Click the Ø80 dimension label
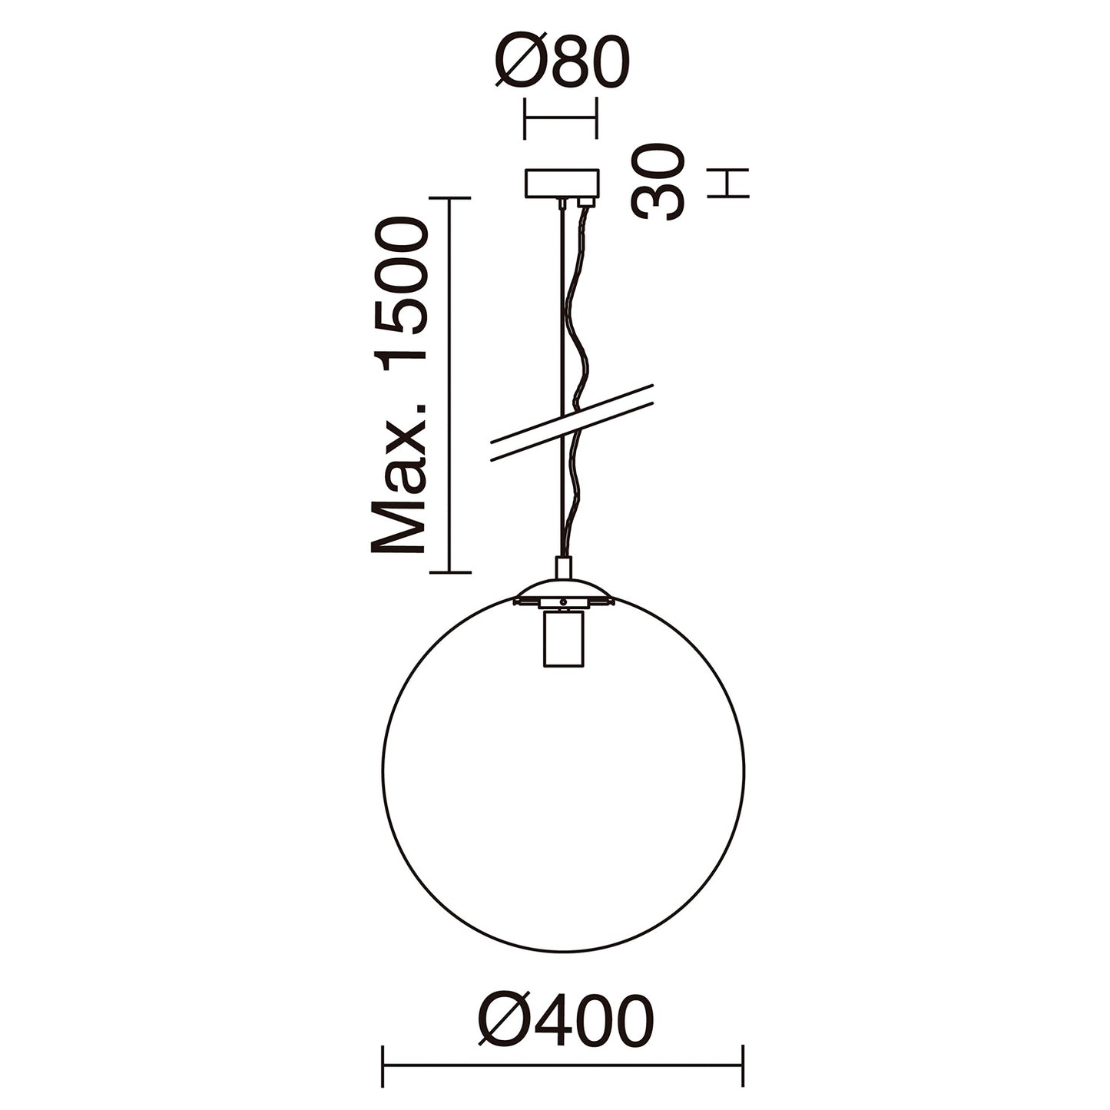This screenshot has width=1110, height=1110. (x=562, y=62)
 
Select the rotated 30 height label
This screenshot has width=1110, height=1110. (x=658, y=183)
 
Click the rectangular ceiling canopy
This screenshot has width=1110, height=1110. (x=561, y=184)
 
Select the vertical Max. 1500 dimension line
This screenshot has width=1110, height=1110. (x=449, y=384)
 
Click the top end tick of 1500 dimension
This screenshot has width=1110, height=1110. (x=449, y=198)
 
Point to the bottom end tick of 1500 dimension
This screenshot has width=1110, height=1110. (x=449, y=572)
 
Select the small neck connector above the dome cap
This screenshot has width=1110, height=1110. (x=563, y=568)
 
